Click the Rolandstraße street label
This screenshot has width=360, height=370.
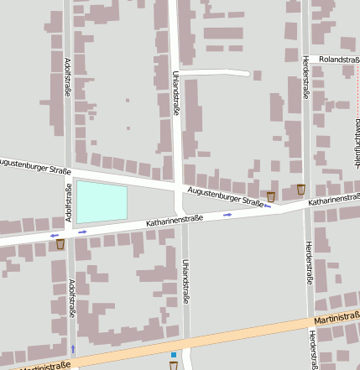click(x=334, y=60)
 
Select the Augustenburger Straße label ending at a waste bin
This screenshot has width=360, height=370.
click(x=225, y=196)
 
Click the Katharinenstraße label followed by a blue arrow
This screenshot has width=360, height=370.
click(x=175, y=221)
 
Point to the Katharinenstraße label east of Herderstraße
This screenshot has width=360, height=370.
click(x=334, y=201)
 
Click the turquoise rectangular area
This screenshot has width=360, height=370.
click(x=102, y=202)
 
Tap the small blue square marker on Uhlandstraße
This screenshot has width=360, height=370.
click(x=174, y=355)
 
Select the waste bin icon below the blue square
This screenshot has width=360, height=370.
click(x=174, y=366)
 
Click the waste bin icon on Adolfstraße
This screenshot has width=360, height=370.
click(x=60, y=244)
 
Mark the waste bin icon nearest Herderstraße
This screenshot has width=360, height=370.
click(x=301, y=189)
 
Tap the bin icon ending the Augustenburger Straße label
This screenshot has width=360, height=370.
click(x=270, y=196)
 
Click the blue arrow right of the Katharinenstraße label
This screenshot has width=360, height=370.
click(x=227, y=216)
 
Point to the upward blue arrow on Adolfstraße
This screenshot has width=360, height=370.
click(x=73, y=347)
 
